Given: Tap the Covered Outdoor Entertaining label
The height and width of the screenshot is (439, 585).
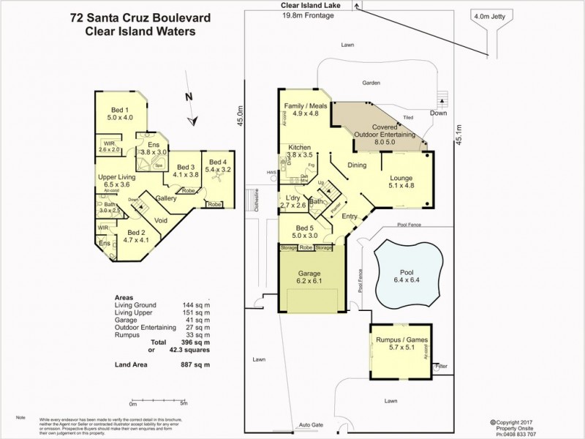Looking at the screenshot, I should click(385, 130).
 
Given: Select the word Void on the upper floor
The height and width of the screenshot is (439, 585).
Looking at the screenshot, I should click(162, 219).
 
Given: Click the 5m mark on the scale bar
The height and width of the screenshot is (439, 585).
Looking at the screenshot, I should click(184, 404).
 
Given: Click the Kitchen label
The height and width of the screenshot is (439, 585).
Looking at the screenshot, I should click(300, 147).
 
